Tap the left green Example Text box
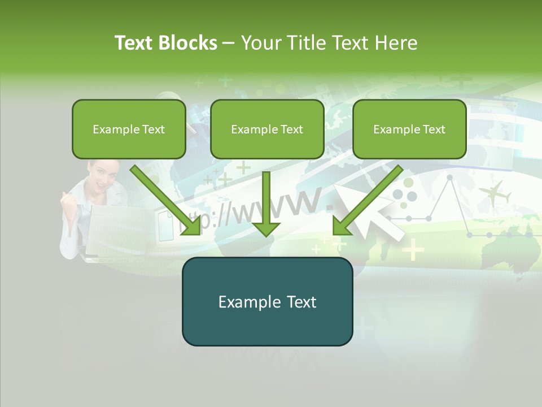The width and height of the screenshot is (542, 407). pos(129,129)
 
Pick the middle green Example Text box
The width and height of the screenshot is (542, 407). pos(267,129)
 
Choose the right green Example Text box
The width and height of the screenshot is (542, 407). pos(409,129)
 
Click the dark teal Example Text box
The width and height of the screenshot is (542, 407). pos(267,302)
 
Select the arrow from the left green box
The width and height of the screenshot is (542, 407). pos(166,200)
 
